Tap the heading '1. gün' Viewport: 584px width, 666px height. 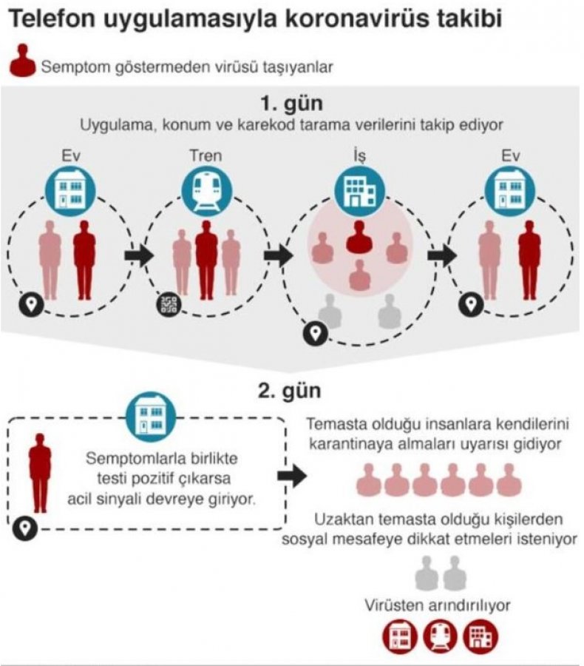pyautogui.click(x=291, y=102)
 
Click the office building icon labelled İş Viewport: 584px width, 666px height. pyautogui.click(x=359, y=187)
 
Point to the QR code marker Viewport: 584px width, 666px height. pyautogui.click(x=168, y=305)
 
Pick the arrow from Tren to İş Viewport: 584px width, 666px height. pyautogui.click(x=279, y=255)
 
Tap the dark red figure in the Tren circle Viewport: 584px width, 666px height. pyautogui.click(x=206, y=259)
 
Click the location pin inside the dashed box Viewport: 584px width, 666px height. pyautogui.click(x=27, y=527)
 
